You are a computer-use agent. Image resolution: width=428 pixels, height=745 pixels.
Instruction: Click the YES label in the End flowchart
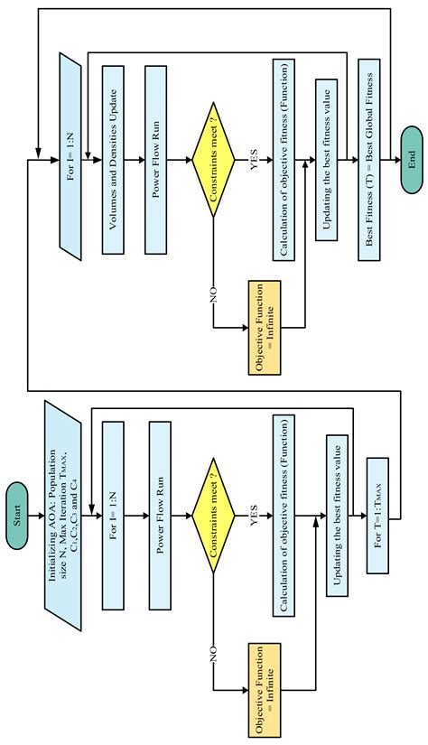pos(256,164)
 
